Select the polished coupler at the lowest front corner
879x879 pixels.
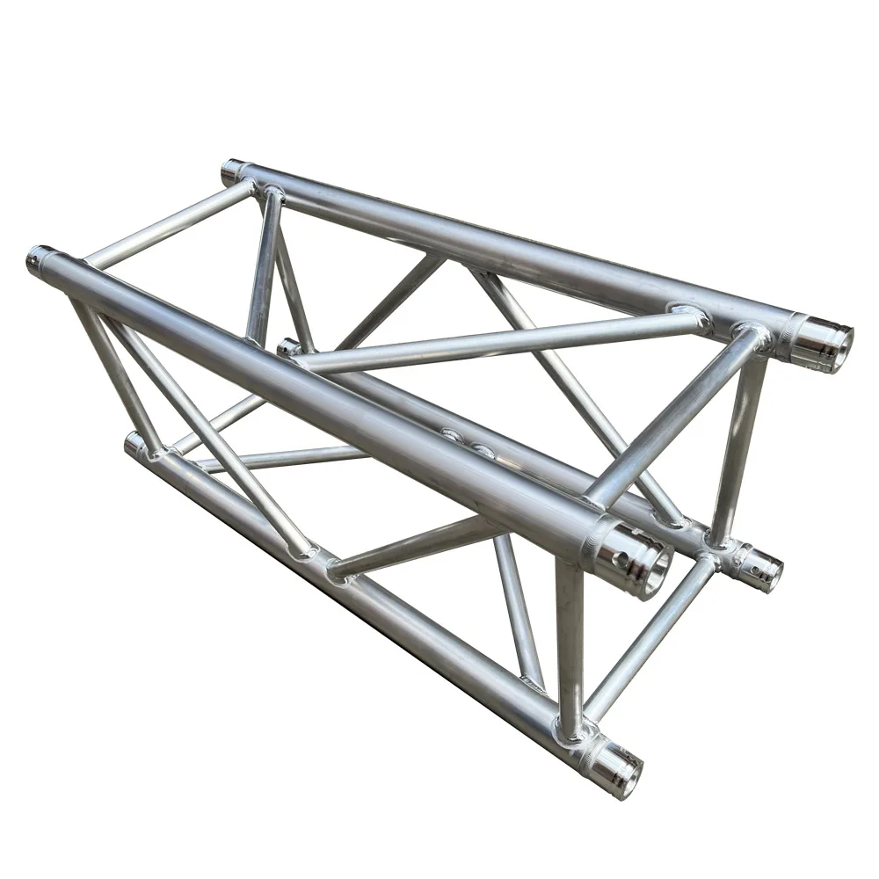pos(614,766)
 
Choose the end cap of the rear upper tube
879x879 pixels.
pos(232,169)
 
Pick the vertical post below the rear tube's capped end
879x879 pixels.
pos(264,264)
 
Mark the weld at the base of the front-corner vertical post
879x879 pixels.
pos(570,729)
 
